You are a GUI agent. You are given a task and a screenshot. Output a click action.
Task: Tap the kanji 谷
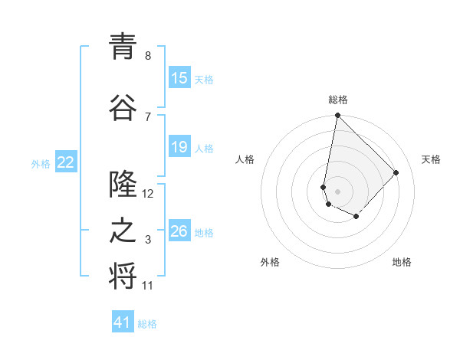click(123, 106)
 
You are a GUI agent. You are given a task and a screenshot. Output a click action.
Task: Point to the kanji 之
click(123, 232)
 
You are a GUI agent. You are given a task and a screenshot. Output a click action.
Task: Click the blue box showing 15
click(179, 78)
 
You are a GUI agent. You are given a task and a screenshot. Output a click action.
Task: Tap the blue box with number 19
click(179, 147)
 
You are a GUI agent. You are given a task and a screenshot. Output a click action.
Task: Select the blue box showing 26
click(179, 231)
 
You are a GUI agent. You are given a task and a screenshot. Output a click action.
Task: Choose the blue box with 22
click(66, 162)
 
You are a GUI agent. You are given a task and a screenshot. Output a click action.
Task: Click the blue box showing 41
click(123, 322)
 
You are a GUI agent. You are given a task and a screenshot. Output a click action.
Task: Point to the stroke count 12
click(148, 193)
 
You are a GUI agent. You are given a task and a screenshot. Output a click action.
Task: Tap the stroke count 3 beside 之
click(148, 241)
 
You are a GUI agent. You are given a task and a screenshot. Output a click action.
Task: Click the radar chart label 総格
click(338, 100)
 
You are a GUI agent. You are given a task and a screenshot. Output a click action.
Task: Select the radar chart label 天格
click(432, 159)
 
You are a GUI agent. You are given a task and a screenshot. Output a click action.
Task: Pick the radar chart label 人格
click(245, 159)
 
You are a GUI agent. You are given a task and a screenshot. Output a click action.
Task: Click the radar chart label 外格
click(270, 262)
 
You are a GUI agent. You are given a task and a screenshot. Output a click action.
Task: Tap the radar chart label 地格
click(402, 262)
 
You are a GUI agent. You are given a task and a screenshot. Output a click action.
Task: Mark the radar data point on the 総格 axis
click(337, 116)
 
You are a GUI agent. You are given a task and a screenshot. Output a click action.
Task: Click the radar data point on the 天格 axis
click(396, 172)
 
